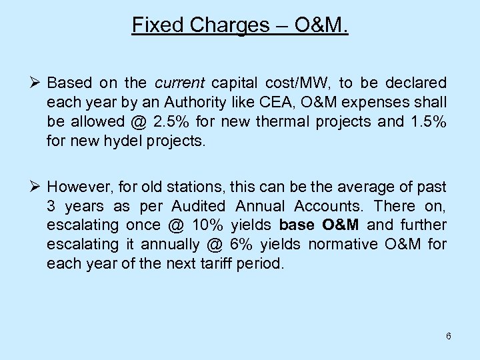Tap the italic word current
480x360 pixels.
[180, 83]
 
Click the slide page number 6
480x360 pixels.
[449, 336]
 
